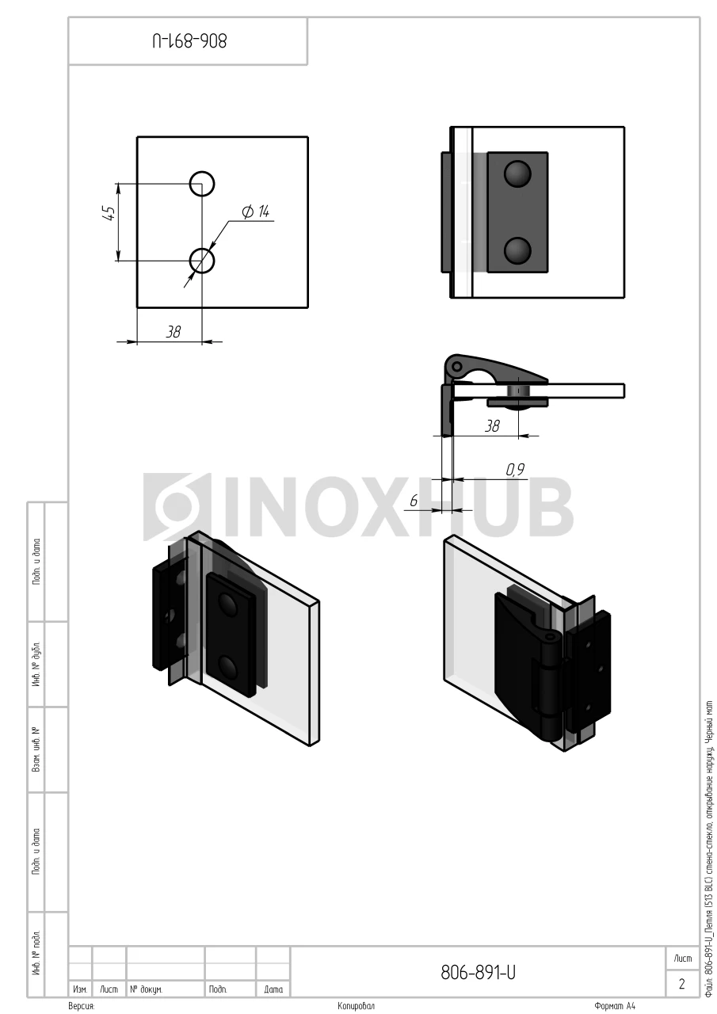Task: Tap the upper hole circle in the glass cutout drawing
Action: coord(202,184)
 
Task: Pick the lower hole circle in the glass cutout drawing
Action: coord(202,261)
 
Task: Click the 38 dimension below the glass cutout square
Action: coord(173,332)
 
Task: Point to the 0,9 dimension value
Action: coord(515,470)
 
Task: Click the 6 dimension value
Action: coord(414,501)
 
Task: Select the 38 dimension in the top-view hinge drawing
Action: coord(492,426)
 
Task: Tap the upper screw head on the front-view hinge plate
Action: coord(517,173)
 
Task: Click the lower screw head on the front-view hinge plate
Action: coord(517,251)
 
